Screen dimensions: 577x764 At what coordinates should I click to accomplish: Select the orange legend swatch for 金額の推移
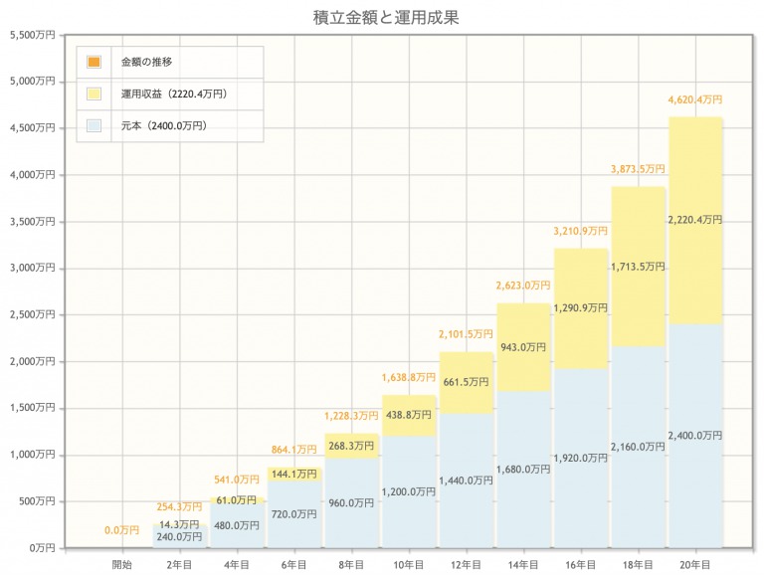point(95,62)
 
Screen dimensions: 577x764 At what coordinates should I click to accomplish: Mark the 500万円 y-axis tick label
point(37,501)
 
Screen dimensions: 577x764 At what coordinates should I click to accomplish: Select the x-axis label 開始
point(123,564)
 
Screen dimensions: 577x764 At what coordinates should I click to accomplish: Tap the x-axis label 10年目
point(409,564)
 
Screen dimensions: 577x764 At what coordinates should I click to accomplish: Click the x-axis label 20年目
point(695,564)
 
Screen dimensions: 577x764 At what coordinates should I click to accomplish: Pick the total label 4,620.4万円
point(695,99)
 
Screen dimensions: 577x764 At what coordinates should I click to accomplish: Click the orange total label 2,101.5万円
point(467,334)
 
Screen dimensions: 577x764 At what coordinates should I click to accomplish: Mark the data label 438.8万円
point(409,416)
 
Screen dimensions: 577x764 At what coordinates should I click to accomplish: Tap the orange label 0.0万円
point(122,530)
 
